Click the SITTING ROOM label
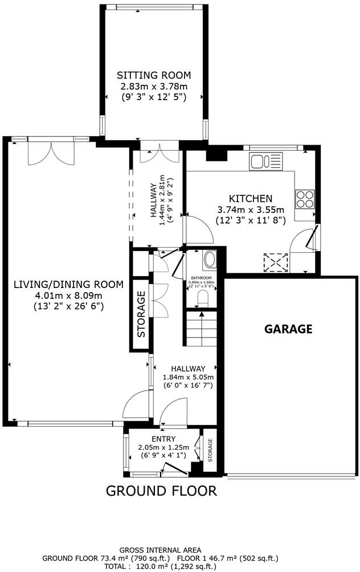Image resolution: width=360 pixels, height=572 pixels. point(154,75)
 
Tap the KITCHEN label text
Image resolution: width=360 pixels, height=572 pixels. point(250,199)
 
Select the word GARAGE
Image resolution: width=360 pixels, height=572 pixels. point(289,328)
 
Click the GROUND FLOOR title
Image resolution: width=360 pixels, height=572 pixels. point(161,490)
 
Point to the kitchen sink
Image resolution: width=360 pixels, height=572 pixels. point(265,162)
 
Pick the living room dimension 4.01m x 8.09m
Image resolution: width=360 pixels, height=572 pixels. point(68,295)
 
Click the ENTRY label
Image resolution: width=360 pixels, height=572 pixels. point(164,438)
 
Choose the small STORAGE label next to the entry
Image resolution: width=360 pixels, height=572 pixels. point(210,450)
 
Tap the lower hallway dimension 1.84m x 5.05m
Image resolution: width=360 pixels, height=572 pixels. point(188,377)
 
